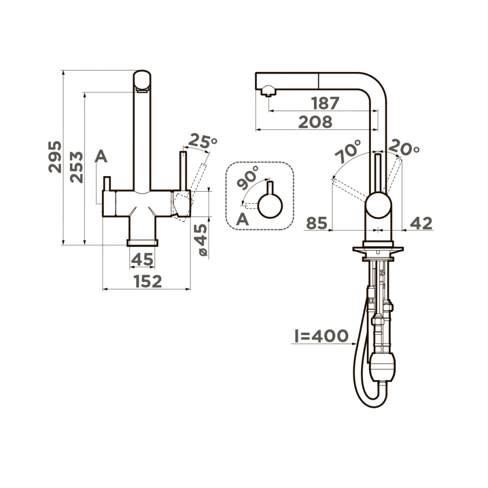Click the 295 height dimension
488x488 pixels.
[55, 157]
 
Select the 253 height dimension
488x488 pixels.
[76, 167]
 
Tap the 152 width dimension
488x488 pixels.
[148, 281]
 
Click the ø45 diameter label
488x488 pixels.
[203, 239]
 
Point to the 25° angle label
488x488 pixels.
[203, 141]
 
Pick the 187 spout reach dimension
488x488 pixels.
[325, 103]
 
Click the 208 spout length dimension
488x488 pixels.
[315, 122]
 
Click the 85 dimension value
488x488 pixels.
[317, 223]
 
